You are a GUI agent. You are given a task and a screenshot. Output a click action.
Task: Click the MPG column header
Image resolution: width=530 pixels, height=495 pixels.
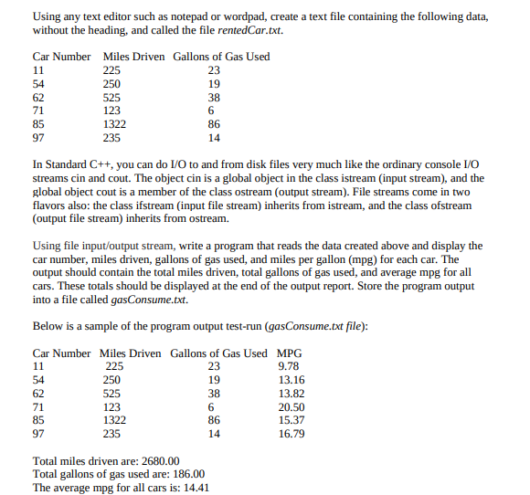pos(289,353)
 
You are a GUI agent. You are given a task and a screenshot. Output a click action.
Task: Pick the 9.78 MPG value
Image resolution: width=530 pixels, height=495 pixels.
pos(289,366)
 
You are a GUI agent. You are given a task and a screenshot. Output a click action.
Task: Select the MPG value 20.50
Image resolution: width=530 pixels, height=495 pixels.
pos(291,407)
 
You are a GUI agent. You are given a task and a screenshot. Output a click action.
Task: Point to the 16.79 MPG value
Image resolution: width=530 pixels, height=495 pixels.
pos(291,434)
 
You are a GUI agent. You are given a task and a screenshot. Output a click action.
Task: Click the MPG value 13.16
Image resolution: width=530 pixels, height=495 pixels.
pos(291,380)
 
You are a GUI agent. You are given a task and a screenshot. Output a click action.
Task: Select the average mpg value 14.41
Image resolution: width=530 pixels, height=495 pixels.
pos(196,488)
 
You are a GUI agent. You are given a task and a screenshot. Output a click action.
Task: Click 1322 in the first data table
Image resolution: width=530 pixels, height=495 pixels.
pos(113,124)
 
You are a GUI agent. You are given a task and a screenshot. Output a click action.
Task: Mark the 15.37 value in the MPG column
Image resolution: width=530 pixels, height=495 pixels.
pos(291,420)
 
